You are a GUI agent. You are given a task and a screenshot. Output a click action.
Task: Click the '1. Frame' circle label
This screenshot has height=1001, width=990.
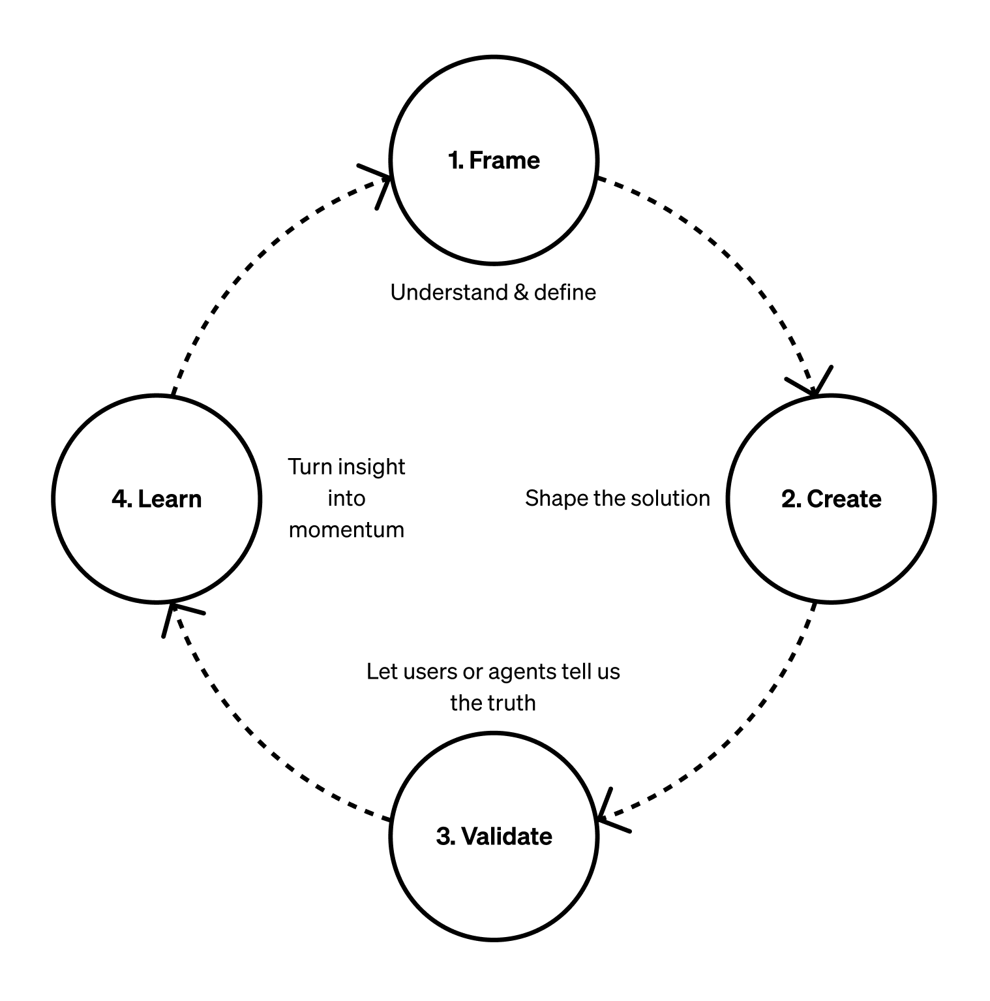pos(494,161)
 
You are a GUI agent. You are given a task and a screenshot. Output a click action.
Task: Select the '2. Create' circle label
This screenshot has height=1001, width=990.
pos(831,499)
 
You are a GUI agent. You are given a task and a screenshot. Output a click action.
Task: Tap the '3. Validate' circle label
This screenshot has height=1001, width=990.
pos(494,837)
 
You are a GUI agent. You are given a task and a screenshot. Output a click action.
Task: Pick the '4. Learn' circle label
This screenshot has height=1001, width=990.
pos(157,499)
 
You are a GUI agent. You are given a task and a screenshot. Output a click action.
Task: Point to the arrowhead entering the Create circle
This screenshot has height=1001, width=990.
pos(813,386)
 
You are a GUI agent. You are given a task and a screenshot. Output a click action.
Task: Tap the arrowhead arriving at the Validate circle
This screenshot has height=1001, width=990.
pos(608,815)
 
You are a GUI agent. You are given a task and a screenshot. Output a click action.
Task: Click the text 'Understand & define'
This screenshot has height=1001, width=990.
pos(493,292)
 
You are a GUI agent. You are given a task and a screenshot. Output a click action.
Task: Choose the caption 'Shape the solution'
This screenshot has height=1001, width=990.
pos(617,499)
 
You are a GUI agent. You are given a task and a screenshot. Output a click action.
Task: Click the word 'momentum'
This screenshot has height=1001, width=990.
pos(346,530)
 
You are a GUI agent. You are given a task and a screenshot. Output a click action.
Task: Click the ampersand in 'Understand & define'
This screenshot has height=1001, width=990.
pos(520,292)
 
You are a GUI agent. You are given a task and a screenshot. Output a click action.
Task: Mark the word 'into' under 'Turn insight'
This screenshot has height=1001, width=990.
pos(346,499)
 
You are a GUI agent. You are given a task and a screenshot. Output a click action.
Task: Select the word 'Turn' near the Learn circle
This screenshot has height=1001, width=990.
pos(310,467)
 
